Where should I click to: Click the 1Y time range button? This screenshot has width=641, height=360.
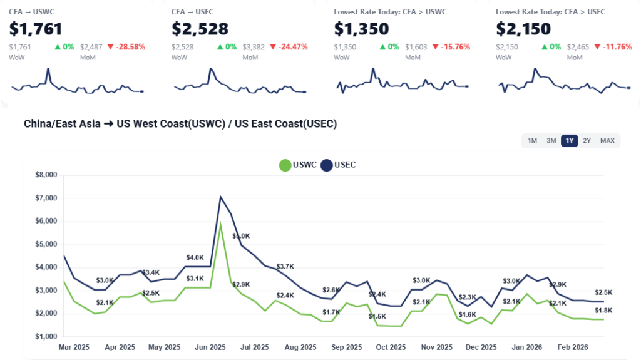[569, 141]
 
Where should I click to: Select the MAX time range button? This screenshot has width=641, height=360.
[607, 141]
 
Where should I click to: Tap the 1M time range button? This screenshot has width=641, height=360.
[532, 141]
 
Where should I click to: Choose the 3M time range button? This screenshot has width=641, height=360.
[551, 141]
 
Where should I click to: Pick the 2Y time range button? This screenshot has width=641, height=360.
[587, 141]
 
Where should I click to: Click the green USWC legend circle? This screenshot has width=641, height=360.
[285, 165]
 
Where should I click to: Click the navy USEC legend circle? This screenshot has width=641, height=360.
[327, 165]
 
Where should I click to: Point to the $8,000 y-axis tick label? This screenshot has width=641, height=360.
[47, 175]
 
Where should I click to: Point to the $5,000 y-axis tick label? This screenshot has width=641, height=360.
[47, 244]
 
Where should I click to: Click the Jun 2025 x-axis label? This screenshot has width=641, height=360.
[210, 346]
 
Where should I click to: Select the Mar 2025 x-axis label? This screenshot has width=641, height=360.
[74, 346]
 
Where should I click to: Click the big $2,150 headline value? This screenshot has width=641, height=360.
[523, 29]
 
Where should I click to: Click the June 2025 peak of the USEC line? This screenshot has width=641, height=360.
[220, 197]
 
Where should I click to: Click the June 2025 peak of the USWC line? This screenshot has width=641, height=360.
[220, 224]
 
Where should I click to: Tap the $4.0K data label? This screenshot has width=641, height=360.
[195, 257]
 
